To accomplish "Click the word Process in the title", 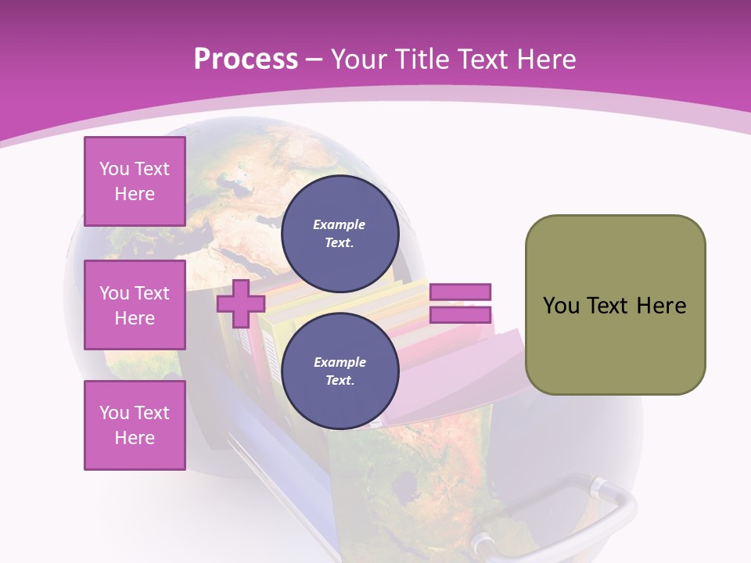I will (x=246, y=59).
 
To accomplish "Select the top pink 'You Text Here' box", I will (x=135, y=181).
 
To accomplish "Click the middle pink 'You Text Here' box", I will (x=135, y=305).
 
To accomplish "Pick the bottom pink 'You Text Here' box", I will (x=135, y=425).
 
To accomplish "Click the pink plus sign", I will (x=240, y=303).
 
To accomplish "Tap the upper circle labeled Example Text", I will (x=340, y=234).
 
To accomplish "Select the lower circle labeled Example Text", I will (x=340, y=371).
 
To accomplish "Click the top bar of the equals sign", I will (x=460, y=292).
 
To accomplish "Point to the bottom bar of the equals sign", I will (x=460, y=314).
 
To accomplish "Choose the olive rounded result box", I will (x=615, y=305).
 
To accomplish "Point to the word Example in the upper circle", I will (x=339, y=224).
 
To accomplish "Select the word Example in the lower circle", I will (x=340, y=362).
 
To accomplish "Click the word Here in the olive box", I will (x=662, y=306).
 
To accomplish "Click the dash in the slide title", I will (x=314, y=59).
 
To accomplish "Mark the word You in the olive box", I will (x=560, y=306).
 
